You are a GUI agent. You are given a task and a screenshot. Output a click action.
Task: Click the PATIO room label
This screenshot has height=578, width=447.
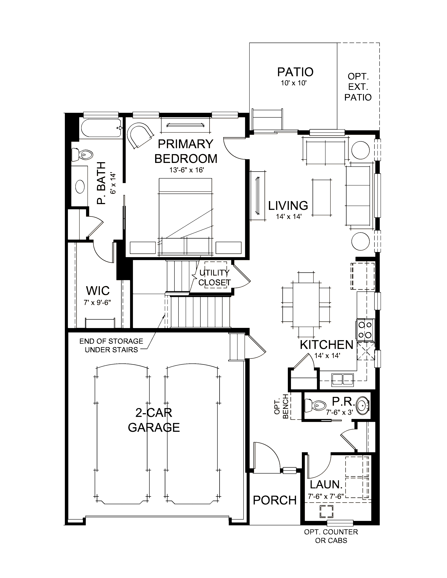coord(295,72)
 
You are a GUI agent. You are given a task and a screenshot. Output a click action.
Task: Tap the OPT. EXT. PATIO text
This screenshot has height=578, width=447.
coord(358,87)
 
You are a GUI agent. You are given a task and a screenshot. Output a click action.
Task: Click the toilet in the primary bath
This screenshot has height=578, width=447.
coord(82,154)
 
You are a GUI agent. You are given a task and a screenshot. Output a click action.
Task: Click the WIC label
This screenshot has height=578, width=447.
coord(98,291)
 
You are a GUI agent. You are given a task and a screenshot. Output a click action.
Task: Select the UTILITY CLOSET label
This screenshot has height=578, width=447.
coord(215,278)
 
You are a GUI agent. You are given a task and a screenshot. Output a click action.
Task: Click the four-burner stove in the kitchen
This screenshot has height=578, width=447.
coord(365,330)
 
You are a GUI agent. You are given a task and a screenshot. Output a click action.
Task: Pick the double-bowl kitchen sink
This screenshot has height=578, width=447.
coord(343,379)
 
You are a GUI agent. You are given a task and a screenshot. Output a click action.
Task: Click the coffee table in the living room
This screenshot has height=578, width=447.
coord(322,197)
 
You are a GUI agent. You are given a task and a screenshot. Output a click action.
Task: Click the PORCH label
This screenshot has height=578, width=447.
coord(275,500)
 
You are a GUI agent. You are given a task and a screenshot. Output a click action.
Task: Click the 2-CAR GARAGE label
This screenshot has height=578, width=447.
coord(154,420)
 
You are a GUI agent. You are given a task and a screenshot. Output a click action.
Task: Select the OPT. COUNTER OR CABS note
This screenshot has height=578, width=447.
coord(331,536)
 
